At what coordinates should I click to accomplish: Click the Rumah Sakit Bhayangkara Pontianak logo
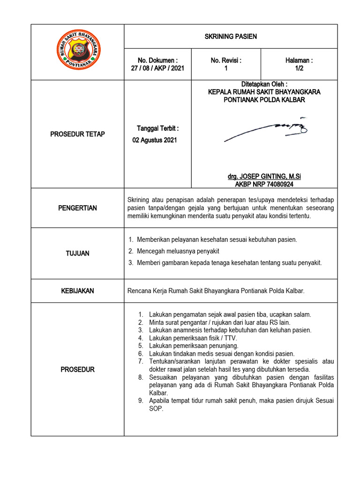78,50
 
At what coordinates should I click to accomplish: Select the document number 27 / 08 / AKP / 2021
157,68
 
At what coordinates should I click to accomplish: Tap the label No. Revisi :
226,60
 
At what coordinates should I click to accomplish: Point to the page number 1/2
299,68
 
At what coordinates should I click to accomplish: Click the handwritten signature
265,129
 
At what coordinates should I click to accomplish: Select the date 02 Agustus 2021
155,141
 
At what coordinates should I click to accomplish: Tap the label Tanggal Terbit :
157,128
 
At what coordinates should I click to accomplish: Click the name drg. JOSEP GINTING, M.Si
264,176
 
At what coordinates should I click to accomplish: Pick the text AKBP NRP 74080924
264,184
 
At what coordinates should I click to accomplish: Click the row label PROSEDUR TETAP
78,135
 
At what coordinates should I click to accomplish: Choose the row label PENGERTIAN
78,208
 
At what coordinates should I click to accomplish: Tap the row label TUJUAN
78,253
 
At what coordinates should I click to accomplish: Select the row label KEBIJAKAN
78,291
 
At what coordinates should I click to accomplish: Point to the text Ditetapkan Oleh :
264,84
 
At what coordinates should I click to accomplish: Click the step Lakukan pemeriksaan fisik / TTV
193,337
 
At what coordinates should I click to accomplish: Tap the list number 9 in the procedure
140,401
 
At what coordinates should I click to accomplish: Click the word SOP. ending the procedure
156,409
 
